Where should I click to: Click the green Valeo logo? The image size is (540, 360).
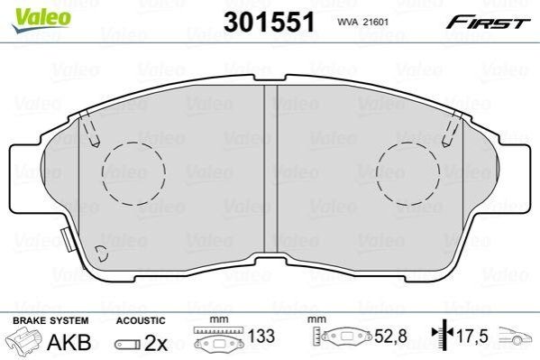41,20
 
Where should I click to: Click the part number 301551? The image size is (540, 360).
269,22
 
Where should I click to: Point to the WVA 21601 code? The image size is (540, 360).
362,22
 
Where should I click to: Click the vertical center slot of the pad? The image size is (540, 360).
270,170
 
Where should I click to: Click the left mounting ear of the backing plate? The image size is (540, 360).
27,177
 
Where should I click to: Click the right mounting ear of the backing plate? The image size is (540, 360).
514,177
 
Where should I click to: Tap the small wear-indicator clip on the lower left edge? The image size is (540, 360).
67,240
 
